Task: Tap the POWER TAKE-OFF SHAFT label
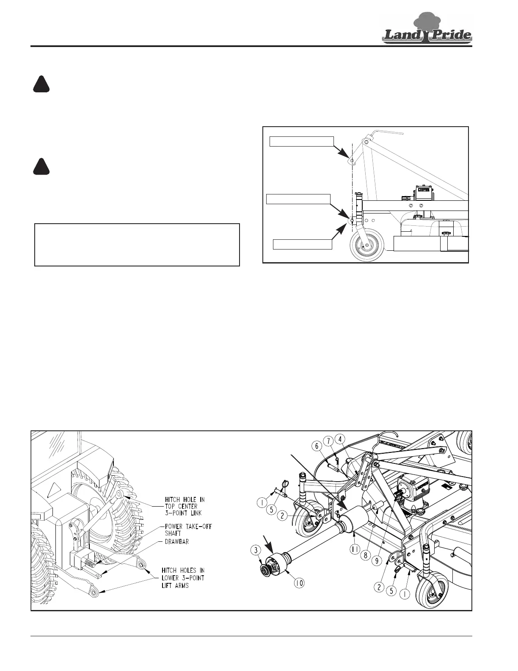(x=188, y=530)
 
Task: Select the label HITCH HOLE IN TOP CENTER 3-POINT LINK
(x=185, y=506)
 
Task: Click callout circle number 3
(x=255, y=550)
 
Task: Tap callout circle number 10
(x=299, y=582)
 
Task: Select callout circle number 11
(x=355, y=549)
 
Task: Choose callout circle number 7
(x=328, y=441)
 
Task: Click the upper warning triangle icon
(x=41, y=84)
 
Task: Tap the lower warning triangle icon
(x=41, y=166)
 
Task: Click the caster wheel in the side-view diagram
(x=366, y=244)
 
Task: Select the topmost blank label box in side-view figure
(x=302, y=141)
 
